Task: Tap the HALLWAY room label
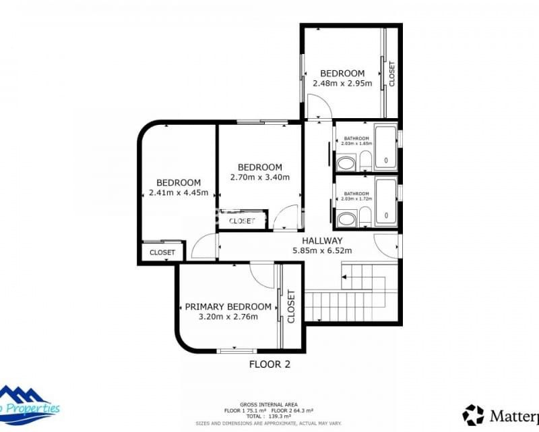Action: click(x=322, y=240)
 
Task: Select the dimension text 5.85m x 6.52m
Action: click(x=322, y=250)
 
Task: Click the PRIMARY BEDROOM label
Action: click(x=228, y=306)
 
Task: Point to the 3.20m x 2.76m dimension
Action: click(x=228, y=316)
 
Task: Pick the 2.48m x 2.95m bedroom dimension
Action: click(x=342, y=84)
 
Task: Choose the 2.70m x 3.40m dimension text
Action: click(x=259, y=178)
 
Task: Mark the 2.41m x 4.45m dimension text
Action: click(x=179, y=192)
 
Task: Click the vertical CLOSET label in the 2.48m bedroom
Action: click(x=391, y=74)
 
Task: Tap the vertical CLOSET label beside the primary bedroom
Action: click(x=291, y=306)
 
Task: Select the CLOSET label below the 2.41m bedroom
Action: click(x=162, y=252)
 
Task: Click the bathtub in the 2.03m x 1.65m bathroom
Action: click(x=385, y=146)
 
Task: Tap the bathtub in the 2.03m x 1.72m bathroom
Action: click(x=385, y=201)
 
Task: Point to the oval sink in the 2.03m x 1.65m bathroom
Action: click(x=346, y=163)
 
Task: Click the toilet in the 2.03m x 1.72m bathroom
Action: click(x=364, y=216)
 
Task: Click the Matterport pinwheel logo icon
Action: click(x=474, y=414)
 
